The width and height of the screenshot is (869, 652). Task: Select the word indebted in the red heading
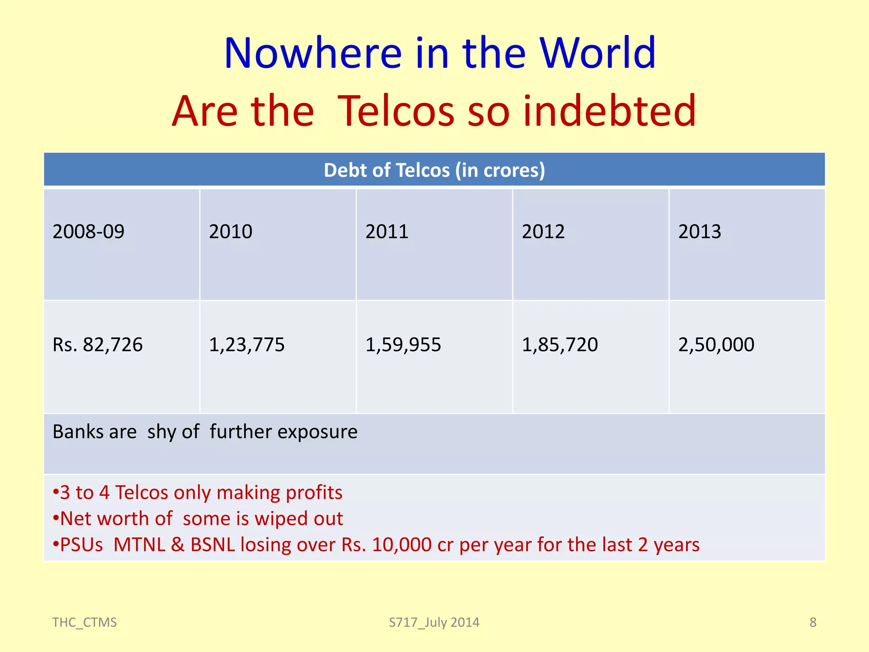click(609, 111)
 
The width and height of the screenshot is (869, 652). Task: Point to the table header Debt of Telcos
click(434, 170)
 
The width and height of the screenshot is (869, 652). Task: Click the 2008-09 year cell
click(88, 232)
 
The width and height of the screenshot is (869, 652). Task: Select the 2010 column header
click(230, 232)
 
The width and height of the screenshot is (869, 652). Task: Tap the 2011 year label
click(387, 232)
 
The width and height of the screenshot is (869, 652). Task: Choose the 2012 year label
click(543, 232)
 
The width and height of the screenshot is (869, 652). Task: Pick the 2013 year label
click(699, 232)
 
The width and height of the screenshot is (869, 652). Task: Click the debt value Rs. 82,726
click(98, 345)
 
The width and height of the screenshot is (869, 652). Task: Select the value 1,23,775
click(247, 345)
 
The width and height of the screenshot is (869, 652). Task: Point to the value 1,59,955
click(403, 345)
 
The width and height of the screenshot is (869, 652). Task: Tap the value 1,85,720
click(560, 345)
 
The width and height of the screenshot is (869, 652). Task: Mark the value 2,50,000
click(716, 345)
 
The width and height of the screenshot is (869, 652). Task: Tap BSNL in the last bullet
click(213, 545)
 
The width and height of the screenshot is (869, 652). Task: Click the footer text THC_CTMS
click(84, 622)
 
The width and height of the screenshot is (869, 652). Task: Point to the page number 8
click(813, 622)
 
